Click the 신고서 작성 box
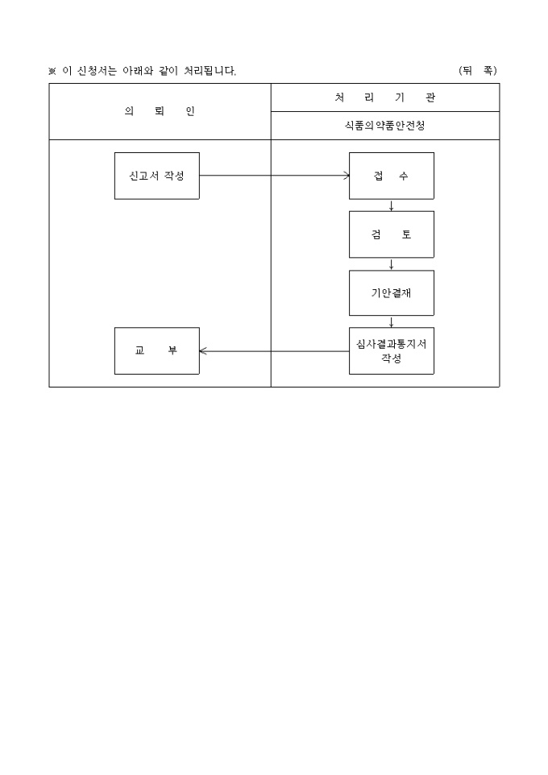(x=157, y=176)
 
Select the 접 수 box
(x=391, y=176)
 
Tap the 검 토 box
(x=391, y=234)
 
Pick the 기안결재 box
(x=391, y=292)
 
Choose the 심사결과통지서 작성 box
(x=391, y=351)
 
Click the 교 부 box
(x=157, y=351)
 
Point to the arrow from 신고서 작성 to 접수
(x=275, y=176)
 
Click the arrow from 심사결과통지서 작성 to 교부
(x=274, y=351)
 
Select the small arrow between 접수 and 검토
(x=391, y=205)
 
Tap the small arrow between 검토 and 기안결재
(x=391, y=264)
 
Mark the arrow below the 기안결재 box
(x=391, y=321)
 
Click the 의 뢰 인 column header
(x=160, y=111)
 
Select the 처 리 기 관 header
(x=384, y=97)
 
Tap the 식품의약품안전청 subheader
(x=384, y=126)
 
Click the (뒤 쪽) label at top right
(x=478, y=71)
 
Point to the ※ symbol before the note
(x=52, y=71)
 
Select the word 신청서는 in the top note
(x=97, y=71)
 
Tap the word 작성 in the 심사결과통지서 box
(x=391, y=358)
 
